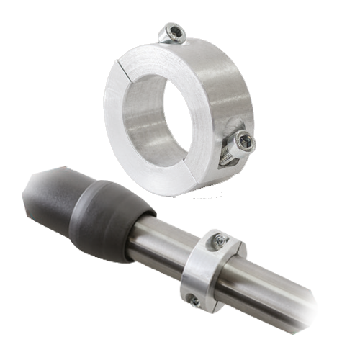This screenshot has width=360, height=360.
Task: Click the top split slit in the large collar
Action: (x=126, y=63)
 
